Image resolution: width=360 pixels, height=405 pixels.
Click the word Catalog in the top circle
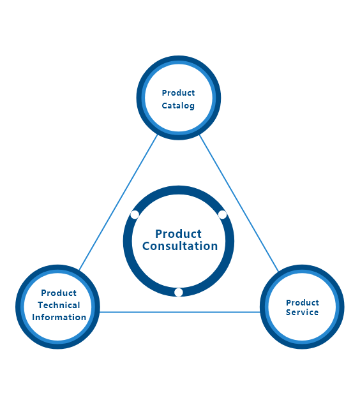pos(178,106)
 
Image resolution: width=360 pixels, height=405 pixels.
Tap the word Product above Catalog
pos(178,92)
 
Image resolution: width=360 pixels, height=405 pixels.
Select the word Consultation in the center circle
pos(180,246)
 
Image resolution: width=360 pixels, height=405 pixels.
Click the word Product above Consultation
pos(178,234)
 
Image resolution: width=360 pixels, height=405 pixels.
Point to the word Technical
pos(59,305)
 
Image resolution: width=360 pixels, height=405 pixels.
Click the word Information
pos(59,317)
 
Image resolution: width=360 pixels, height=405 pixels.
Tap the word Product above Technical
pos(59,293)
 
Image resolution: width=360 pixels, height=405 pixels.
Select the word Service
pos(302,313)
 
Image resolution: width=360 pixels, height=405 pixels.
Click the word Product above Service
pos(303,302)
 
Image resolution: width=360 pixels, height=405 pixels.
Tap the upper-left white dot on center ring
pos(135,215)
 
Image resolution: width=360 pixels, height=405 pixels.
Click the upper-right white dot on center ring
pos(222,215)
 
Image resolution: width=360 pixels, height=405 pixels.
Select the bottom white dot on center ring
pos(179,292)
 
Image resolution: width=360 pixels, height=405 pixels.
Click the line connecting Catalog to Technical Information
pos(118,203)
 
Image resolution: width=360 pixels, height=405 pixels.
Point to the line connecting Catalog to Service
pos(239,203)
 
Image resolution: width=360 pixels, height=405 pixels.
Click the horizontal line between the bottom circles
pos(180,312)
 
